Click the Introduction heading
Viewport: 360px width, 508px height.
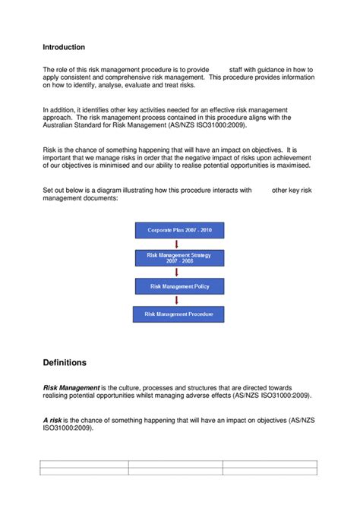(x=64, y=47)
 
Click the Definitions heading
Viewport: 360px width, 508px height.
(x=65, y=362)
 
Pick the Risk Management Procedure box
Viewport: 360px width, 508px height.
(x=178, y=313)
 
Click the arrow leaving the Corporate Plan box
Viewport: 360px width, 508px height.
(x=178, y=243)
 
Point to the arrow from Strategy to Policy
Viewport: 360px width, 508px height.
(x=178, y=272)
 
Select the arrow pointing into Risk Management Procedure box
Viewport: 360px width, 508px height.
(x=178, y=300)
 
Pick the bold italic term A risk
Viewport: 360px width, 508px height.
(x=52, y=420)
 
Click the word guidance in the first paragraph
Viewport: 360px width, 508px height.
(x=264, y=69)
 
